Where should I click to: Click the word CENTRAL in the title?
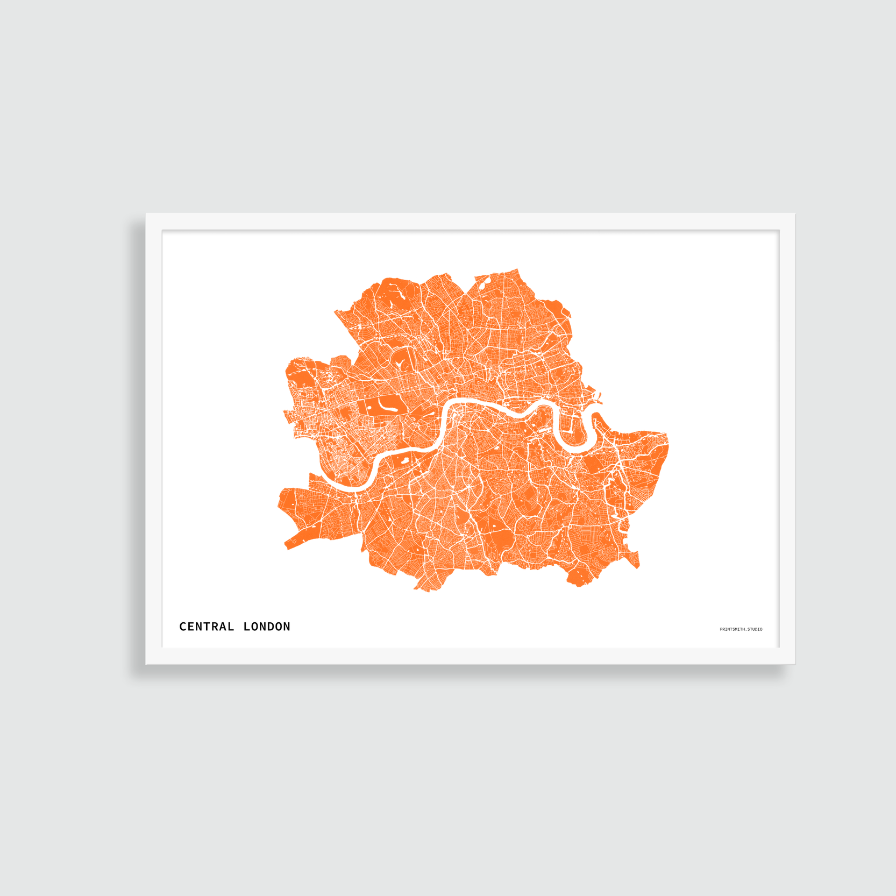click(207, 627)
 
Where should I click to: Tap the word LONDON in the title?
click(267, 627)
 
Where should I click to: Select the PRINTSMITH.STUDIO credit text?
click(741, 629)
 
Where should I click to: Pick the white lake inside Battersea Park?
click(404, 460)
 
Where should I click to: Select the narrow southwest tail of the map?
click(293, 543)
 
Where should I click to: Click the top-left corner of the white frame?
click(147, 215)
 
